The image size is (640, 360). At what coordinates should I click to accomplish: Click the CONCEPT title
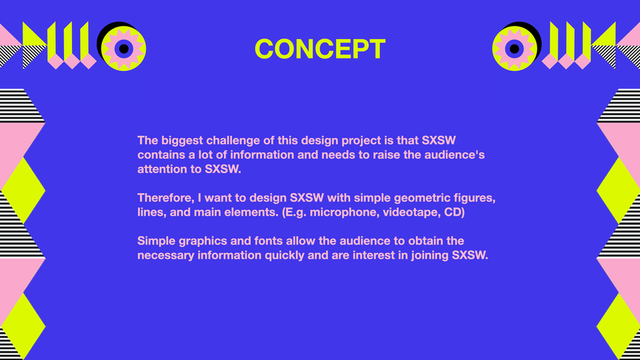pos(320,49)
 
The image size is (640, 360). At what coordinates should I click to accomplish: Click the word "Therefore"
pos(165,198)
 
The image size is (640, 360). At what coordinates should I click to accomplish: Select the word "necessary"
pos(165,256)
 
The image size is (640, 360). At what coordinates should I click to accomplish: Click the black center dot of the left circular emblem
pos(124,49)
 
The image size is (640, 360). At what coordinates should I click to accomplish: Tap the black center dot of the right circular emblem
pos(514,49)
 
